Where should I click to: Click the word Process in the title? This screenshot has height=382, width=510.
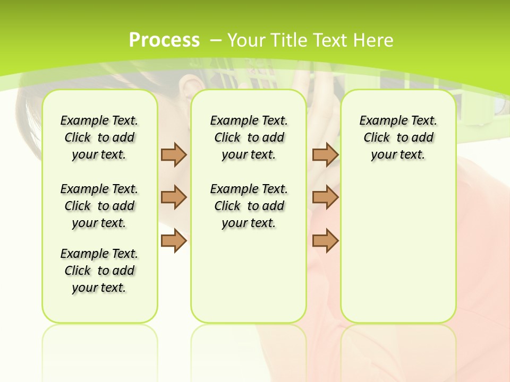pyautogui.click(x=164, y=40)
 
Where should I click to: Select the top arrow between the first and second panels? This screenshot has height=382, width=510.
pyautogui.click(x=174, y=154)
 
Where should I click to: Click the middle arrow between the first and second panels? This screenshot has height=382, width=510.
pyautogui.click(x=174, y=197)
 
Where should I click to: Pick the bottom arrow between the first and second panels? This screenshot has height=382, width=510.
pyautogui.click(x=174, y=240)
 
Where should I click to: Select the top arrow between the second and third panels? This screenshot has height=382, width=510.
pyautogui.click(x=325, y=154)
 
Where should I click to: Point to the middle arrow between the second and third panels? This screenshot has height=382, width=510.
pyautogui.click(x=325, y=197)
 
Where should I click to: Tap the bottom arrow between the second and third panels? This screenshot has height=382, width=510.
pyautogui.click(x=325, y=240)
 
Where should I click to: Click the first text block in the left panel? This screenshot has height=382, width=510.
pyautogui.click(x=99, y=137)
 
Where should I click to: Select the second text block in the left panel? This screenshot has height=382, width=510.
pyautogui.click(x=99, y=206)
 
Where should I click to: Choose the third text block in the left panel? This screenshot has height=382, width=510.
pyautogui.click(x=99, y=271)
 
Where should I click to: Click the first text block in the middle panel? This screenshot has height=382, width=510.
pyautogui.click(x=249, y=137)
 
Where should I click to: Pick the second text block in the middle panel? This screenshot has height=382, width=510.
pyautogui.click(x=249, y=206)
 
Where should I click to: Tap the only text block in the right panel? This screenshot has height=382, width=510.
pyautogui.click(x=398, y=137)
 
